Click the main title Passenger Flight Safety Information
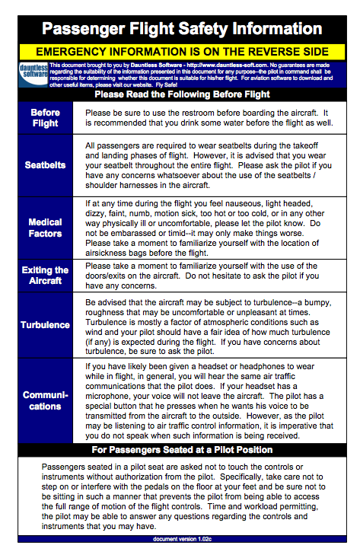(180, 29)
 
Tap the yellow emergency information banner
(180, 50)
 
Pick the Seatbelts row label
(45, 164)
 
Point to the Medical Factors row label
(45, 228)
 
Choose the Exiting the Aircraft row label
(45, 276)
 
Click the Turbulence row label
(45, 325)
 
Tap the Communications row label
(45, 400)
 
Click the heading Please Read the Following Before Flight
(180, 94)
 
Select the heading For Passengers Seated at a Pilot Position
(180, 450)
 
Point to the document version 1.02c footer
(180, 539)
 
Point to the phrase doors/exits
(113, 276)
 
